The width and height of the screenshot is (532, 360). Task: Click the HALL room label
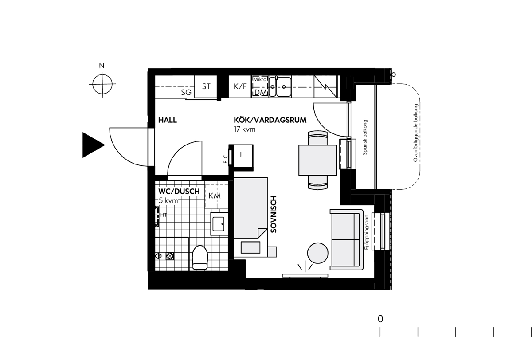point(168,120)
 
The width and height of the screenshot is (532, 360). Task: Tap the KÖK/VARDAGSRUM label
point(270,120)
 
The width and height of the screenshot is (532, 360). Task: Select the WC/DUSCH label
point(179,192)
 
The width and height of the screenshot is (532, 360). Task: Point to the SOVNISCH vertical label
point(274,214)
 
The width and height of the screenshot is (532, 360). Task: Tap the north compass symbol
point(102,84)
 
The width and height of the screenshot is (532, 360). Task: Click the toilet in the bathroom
point(200,258)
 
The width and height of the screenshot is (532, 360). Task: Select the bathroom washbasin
point(219,224)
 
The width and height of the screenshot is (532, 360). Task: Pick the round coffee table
point(317,253)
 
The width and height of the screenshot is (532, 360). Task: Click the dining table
point(317,160)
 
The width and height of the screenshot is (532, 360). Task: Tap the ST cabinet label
point(206,86)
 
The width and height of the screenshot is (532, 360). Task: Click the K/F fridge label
point(240,86)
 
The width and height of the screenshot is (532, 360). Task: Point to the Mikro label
point(260,79)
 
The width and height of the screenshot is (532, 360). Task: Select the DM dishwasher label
point(261,93)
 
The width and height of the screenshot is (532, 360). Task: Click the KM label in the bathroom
point(215,196)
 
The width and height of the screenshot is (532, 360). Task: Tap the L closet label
point(242,155)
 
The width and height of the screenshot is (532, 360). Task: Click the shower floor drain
point(169,256)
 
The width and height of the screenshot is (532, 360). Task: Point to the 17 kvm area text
point(245,129)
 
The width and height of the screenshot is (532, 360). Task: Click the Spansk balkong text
point(365,137)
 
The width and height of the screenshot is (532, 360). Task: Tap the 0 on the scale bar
point(380,319)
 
